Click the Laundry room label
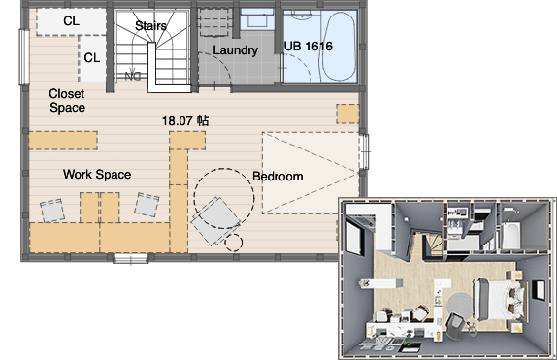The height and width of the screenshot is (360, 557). (x=235, y=50)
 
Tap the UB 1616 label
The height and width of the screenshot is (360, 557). (x=309, y=47)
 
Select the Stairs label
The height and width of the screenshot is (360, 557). (x=150, y=25)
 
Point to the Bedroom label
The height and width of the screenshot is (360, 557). (x=278, y=177)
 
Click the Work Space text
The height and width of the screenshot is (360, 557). (x=97, y=174)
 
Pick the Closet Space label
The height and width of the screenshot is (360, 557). (x=67, y=101)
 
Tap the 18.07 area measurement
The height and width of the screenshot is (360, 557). (x=185, y=121)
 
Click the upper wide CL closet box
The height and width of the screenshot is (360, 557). (x=72, y=21)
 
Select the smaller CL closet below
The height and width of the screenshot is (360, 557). (x=92, y=58)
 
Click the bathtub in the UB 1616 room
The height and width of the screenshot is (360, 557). (x=339, y=47)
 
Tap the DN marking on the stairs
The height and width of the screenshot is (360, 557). (x=133, y=76)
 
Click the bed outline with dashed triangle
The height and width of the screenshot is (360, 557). (x=311, y=173)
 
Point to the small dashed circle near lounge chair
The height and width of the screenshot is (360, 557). (x=234, y=243)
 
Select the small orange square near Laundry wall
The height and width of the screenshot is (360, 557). (x=347, y=114)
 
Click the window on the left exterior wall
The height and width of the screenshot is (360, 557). (x=24, y=57)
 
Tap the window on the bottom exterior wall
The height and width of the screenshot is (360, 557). (x=131, y=258)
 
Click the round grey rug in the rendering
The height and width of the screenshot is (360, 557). (x=460, y=306)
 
